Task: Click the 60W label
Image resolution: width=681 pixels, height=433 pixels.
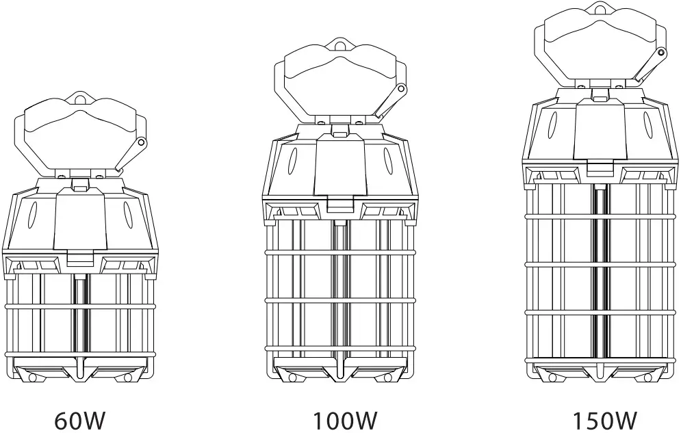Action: click(x=80, y=420)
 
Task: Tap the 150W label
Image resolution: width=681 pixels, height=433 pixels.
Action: click(x=605, y=420)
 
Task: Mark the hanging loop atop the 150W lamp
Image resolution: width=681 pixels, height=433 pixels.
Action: click(x=600, y=9)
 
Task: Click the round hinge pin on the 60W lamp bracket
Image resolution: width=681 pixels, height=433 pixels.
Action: click(x=142, y=142)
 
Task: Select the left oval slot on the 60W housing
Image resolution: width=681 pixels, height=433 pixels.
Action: click(x=31, y=215)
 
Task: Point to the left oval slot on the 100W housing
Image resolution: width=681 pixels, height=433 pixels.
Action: click(x=293, y=164)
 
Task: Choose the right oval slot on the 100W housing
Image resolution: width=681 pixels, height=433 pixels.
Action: click(x=387, y=164)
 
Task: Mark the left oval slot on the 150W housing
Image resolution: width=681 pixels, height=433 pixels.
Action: click(x=553, y=126)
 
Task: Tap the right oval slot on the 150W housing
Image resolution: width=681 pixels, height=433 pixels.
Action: click(x=647, y=126)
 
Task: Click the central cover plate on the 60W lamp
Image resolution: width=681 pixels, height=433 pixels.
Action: click(x=80, y=220)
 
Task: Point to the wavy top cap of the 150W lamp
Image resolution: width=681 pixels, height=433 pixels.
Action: click(x=600, y=41)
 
